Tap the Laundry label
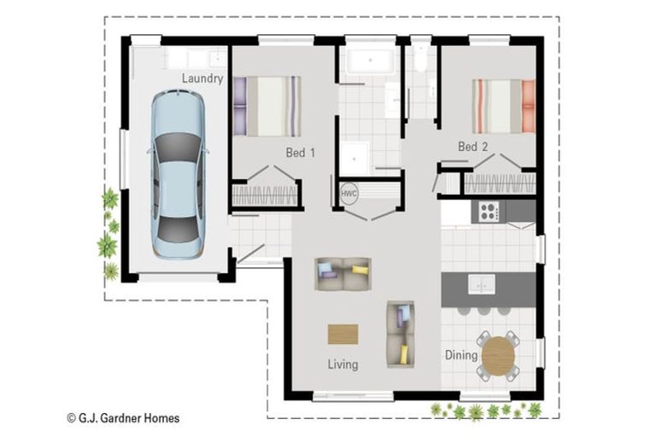[202, 79]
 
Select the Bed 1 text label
[301, 154]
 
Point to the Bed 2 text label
[473, 147]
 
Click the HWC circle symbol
[349, 193]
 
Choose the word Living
[343, 364]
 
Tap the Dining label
[460, 355]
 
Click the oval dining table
[499, 355]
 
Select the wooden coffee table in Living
[343, 333]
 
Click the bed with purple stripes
[266, 106]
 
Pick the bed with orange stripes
[504, 106]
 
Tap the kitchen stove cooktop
[489, 211]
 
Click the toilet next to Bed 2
[419, 58]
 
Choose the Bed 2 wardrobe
[500, 183]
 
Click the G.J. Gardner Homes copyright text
[123, 418]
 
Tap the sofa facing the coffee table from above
[343, 273]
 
